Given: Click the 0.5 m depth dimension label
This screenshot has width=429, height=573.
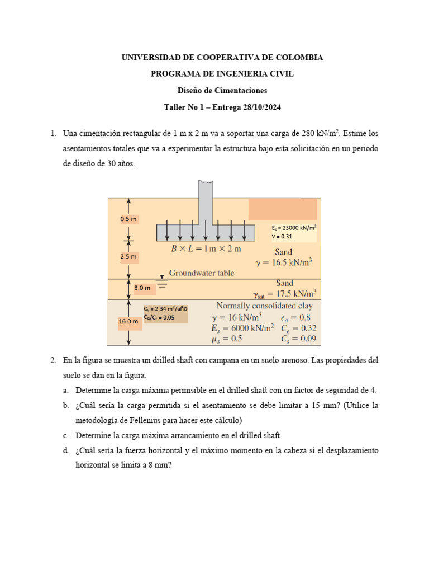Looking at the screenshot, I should click(x=128, y=219).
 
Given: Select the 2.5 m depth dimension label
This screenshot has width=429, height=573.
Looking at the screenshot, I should click(x=128, y=257).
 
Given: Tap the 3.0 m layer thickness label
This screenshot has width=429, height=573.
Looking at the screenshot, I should click(x=142, y=288).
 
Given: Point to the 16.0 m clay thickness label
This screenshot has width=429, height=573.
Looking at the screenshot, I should click(x=128, y=322).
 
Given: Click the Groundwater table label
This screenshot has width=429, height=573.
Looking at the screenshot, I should click(x=202, y=273).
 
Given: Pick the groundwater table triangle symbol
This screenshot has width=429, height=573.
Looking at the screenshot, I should click(x=162, y=277).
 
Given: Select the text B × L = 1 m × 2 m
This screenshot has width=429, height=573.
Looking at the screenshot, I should click(x=206, y=248).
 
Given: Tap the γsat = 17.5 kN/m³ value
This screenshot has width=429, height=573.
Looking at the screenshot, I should click(x=285, y=293).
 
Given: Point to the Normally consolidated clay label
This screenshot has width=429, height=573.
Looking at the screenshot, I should click(x=264, y=306).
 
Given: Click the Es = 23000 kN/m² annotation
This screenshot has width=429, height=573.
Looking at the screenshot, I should click(x=294, y=228).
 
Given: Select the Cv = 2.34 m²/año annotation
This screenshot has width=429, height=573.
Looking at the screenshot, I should click(x=165, y=309).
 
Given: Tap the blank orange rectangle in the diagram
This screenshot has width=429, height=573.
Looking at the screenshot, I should click(x=283, y=209).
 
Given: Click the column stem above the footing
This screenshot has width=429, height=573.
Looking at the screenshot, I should click(x=206, y=201).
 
